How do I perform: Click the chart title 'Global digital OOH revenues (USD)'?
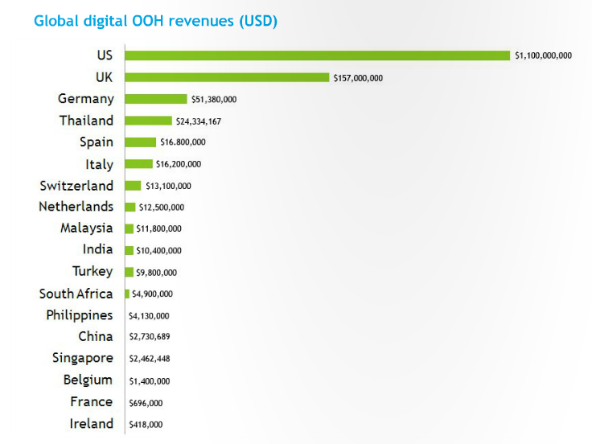tap(155, 21)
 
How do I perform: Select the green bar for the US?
tap(317, 55)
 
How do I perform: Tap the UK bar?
tap(227, 77)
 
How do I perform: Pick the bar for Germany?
tap(156, 99)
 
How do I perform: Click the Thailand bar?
tap(148, 121)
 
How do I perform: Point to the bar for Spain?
tap(140, 142)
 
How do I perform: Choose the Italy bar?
tap(138, 164)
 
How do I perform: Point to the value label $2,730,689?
tap(150, 337)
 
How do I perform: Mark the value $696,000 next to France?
tap(146, 402)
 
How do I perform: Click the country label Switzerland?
tap(76, 186)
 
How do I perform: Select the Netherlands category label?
tap(76, 207)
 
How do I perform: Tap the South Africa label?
tap(76, 294)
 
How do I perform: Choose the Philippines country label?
tap(80, 315)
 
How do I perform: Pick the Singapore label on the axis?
tap(83, 358)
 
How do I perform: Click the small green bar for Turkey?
tap(129, 272)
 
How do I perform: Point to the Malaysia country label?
tap(86, 228)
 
